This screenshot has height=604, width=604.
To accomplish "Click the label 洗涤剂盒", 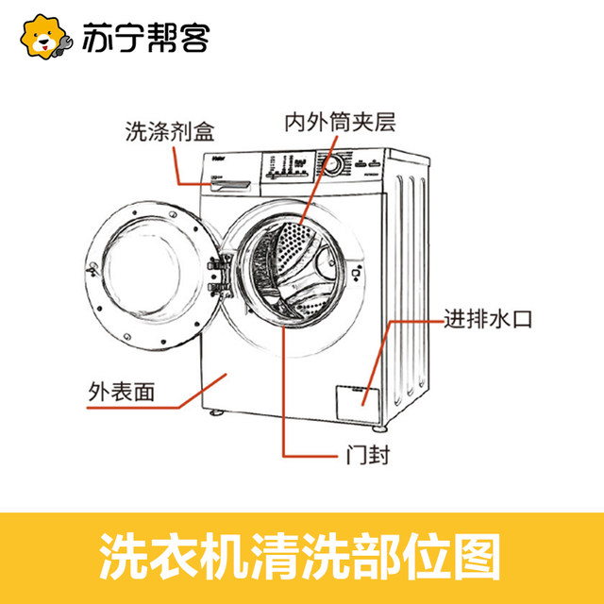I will coord(170,130).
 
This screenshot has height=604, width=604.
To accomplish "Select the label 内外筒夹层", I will coord(341,123).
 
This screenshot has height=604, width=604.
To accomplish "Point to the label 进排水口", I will coord(488,320).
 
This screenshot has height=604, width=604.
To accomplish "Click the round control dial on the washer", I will coord(333,164).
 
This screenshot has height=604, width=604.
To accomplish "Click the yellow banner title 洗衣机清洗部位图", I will coord(301,556).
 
